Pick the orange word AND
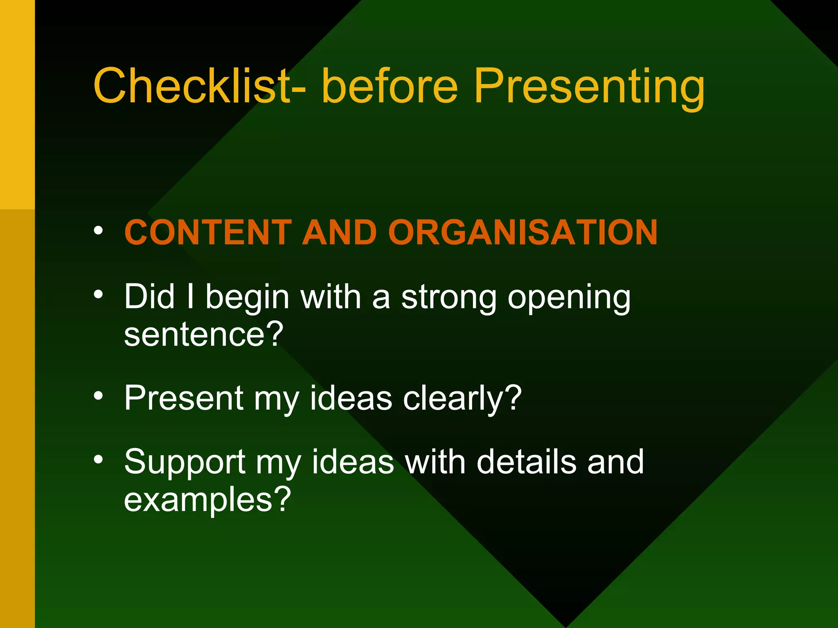tap(339, 232)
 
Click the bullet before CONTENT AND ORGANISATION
tap(98, 231)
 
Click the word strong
tap(448, 298)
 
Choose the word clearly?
tap(462, 399)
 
